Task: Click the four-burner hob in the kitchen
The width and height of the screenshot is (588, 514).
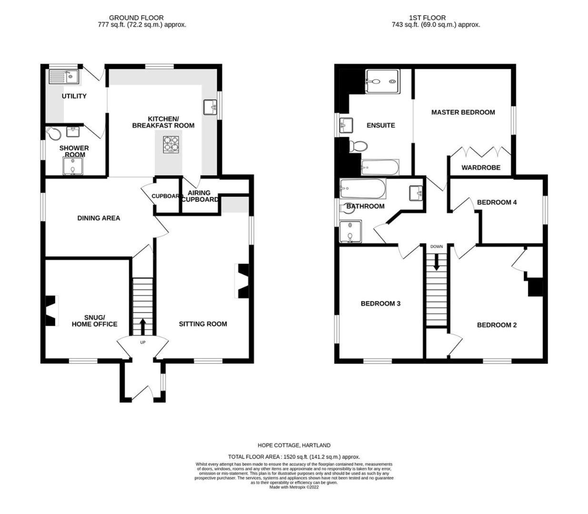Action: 171,144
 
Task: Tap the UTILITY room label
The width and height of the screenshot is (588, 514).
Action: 74,96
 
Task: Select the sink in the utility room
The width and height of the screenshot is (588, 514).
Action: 64,77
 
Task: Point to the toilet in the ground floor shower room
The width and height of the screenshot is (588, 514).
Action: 53,133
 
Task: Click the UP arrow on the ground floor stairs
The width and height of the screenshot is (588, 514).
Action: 142,326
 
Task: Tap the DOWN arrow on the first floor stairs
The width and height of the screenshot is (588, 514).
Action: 436,262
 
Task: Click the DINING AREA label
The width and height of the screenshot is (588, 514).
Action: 99,218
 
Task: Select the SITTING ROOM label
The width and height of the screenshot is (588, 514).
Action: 203,324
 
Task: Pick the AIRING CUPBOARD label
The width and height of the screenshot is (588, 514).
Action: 200,196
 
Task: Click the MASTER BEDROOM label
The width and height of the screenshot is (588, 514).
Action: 463,112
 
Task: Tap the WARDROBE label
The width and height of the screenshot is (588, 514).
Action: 481,168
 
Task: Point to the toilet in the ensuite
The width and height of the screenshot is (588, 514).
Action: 358,146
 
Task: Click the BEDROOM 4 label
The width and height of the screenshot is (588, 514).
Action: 497,202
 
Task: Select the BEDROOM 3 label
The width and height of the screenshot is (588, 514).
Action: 380,303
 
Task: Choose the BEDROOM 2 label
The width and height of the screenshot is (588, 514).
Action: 497,325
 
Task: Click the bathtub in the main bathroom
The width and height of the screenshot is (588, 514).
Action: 362,188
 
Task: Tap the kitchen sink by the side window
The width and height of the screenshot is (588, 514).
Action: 210,107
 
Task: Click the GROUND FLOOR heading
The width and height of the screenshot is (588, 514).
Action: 136,18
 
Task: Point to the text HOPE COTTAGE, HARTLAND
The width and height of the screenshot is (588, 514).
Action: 294,445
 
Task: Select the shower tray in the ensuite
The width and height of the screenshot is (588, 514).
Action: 382,81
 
